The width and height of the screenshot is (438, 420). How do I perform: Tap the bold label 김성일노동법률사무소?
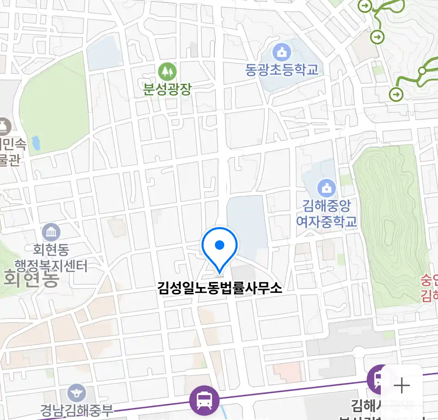(220, 288)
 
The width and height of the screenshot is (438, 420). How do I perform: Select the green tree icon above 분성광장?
(167, 72)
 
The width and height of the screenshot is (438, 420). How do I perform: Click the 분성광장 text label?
(167, 89)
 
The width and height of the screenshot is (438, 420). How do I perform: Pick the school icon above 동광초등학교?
(281, 52)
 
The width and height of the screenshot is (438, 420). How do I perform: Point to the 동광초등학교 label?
(281, 70)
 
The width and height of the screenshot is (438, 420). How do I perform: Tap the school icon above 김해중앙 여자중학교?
(326, 188)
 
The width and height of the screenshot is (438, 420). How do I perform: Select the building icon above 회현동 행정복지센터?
(51, 232)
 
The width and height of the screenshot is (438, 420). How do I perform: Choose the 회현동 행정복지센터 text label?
(51, 257)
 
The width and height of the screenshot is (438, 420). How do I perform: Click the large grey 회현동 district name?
(31, 279)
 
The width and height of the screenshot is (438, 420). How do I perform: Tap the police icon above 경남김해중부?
(77, 393)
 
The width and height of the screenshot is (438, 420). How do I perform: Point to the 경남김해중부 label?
(77, 410)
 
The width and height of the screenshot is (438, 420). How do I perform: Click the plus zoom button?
(401, 386)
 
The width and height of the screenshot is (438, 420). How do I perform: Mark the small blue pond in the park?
(36, 143)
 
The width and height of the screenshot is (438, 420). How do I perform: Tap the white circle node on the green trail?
(422, 71)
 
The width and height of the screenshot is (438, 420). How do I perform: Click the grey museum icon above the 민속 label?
(5, 126)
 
